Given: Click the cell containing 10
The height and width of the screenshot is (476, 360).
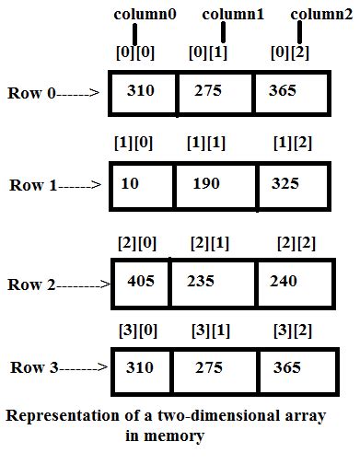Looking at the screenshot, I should tap(141, 184).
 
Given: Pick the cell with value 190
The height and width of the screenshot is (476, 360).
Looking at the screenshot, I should tap(215, 184).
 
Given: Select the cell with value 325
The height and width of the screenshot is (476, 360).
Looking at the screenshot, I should tap(292, 184).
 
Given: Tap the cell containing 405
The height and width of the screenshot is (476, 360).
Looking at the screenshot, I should tap(141, 281).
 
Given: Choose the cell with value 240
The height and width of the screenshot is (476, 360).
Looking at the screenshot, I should tap(292, 281).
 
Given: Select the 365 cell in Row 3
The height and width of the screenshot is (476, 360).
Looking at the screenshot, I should tap(292, 366).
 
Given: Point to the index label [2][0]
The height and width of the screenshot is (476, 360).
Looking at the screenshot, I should tap(135, 242).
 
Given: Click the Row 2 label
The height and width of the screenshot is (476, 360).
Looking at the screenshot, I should tap(32, 284).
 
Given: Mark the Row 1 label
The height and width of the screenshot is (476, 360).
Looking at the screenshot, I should tap(32, 184).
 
